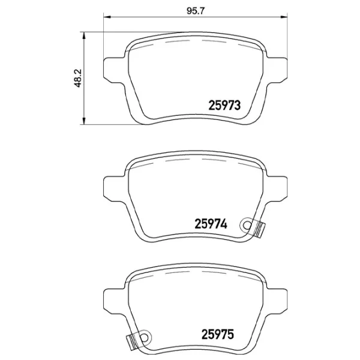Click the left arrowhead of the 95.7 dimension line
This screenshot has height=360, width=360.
tap(106, 17)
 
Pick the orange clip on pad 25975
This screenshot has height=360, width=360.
tap(131, 341)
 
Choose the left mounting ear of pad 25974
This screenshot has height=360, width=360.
tap(115, 187)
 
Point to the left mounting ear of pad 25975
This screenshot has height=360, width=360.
tap(115, 299)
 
